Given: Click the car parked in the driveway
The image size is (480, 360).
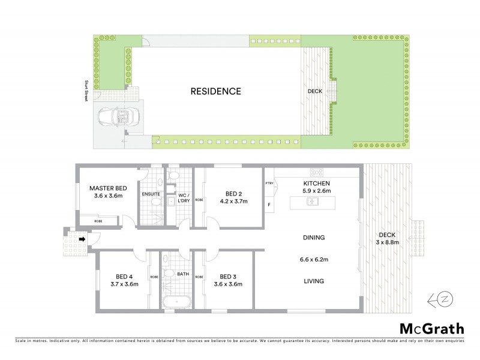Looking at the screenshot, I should (118, 116).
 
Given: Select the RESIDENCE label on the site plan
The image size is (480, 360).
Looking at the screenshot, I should (215, 92).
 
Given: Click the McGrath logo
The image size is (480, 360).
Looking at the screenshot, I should (432, 328).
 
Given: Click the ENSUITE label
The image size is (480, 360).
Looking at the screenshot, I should (150, 194).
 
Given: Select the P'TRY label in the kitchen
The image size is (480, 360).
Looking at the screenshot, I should (269, 184).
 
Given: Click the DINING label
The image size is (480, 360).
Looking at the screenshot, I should (314, 238).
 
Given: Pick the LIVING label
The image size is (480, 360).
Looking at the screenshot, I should (314, 280).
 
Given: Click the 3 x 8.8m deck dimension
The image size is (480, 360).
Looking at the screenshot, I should (386, 242).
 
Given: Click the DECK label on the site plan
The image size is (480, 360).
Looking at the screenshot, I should (314, 92).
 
